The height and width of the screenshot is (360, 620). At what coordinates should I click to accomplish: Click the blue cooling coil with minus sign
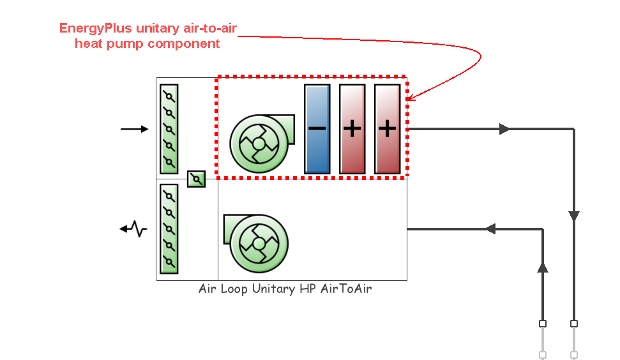point(317,129)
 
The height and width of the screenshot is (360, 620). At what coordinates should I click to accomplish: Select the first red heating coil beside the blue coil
point(352,129)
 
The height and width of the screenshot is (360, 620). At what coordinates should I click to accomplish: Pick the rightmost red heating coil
point(387,129)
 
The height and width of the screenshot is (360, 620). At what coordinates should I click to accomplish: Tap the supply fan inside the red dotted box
point(259,143)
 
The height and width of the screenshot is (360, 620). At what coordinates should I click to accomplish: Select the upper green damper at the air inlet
point(169,129)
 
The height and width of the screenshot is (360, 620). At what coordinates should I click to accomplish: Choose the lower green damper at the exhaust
point(169,229)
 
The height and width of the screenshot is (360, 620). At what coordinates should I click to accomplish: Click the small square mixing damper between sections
point(196,179)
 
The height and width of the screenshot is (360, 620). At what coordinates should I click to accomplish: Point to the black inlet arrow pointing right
point(135,129)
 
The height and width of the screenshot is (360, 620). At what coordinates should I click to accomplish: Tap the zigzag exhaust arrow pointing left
point(134,229)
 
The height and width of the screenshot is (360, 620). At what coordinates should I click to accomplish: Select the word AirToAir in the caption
point(351,289)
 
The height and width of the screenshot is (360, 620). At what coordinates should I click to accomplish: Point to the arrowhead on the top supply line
point(504,129)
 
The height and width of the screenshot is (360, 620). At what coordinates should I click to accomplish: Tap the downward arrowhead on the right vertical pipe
point(574,216)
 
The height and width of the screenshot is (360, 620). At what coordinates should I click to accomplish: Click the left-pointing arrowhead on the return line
point(490,229)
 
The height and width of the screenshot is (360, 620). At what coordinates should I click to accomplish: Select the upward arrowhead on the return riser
point(543,267)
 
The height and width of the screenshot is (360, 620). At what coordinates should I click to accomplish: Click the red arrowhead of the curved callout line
point(411,98)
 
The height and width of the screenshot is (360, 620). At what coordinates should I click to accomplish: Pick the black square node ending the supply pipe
point(574,324)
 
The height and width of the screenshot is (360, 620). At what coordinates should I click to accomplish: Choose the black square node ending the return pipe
point(543,324)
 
